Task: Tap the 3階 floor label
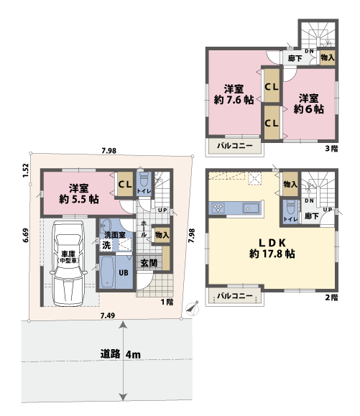pos(331,149)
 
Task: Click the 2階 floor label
pos(331,296)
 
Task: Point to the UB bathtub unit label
pos(124,273)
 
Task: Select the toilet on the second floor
pos(290,210)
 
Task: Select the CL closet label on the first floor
pos(124,183)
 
